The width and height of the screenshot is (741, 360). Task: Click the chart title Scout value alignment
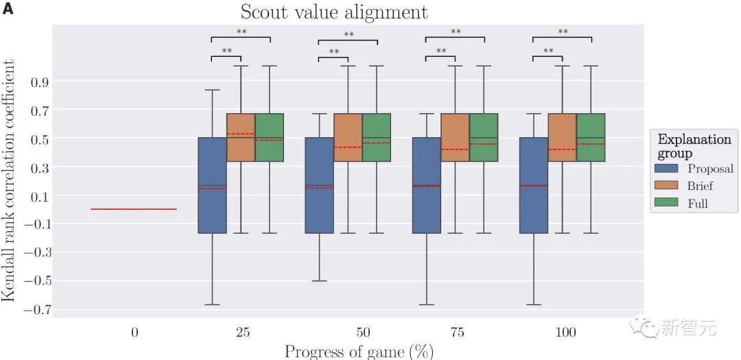pyautogui.click(x=333, y=12)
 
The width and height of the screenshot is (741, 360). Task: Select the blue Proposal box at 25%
pyautogui.click(x=212, y=185)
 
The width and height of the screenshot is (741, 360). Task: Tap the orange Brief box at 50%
pyautogui.click(x=348, y=137)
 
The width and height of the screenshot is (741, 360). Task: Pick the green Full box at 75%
pyautogui.click(x=484, y=137)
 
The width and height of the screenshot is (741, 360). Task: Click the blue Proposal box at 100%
pyautogui.click(x=533, y=185)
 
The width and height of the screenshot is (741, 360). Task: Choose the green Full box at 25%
pyautogui.click(x=270, y=137)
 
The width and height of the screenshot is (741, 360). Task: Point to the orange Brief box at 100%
pyautogui.click(x=562, y=137)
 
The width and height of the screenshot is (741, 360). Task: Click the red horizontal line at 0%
pyautogui.click(x=134, y=209)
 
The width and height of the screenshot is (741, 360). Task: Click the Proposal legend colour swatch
pyautogui.click(x=667, y=169)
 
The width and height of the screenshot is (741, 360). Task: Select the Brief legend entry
pyautogui.click(x=700, y=186)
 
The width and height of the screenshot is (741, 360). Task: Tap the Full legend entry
pyautogui.click(x=697, y=203)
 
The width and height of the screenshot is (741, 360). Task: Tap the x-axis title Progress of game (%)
pyautogui.click(x=359, y=351)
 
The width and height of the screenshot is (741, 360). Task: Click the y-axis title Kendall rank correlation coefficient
pyautogui.click(x=9, y=180)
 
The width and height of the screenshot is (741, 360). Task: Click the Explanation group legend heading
pyautogui.click(x=694, y=146)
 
